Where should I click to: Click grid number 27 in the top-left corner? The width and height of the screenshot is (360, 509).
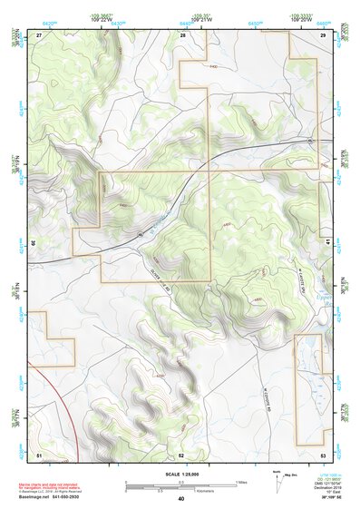click(x=39, y=34)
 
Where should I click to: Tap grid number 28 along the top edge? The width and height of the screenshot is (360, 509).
click(x=183, y=34)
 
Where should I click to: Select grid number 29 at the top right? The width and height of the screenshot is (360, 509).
click(x=324, y=34)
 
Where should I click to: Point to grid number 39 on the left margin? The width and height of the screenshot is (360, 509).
click(x=34, y=243)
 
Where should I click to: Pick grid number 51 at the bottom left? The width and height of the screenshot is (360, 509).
click(x=39, y=454)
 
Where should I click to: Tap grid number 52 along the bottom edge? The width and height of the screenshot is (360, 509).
click(x=181, y=454)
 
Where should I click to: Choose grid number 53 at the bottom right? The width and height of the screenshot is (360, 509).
click(x=324, y=454)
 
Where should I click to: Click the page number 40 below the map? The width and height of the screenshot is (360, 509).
click(x=180, y=499)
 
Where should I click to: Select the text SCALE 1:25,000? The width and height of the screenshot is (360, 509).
click(x=180, y=474)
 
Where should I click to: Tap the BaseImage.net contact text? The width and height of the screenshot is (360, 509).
click(x=57, y=494)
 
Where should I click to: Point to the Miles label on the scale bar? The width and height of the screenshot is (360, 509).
click(x=242, y=481)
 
